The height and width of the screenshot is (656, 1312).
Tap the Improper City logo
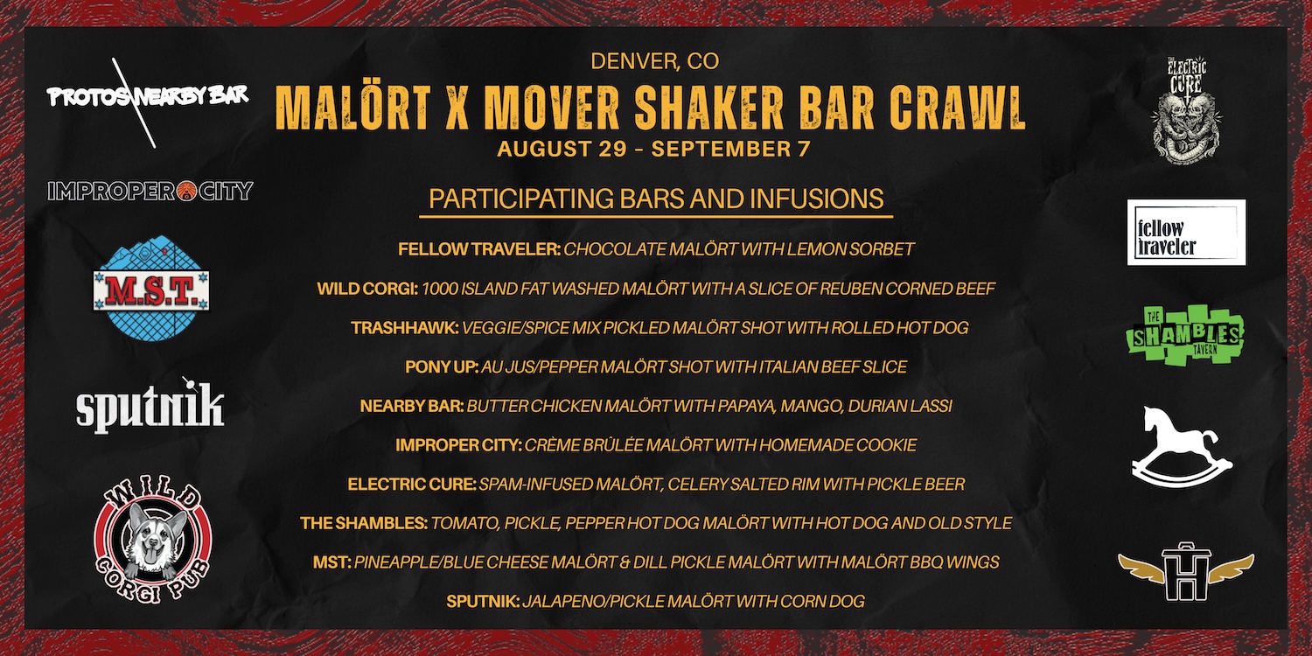coord(150,191)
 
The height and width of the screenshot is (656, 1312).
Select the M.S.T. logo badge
coord(151,288)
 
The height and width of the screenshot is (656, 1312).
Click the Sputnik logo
coord(150,407)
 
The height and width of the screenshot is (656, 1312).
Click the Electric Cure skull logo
coord(1187,110)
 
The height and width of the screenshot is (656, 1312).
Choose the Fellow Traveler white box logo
coord(1186,232)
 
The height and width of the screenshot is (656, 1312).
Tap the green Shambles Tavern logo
coord(1185,335)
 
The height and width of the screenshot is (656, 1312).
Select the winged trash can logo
coord(1186,571)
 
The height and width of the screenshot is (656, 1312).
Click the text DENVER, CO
coord(655,61)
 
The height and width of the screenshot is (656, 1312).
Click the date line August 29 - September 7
coord(653,149)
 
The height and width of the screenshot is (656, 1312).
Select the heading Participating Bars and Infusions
coord(656,199)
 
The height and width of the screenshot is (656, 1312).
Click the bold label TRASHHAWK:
coord(405,327)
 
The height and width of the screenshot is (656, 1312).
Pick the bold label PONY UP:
coord(443,366)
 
